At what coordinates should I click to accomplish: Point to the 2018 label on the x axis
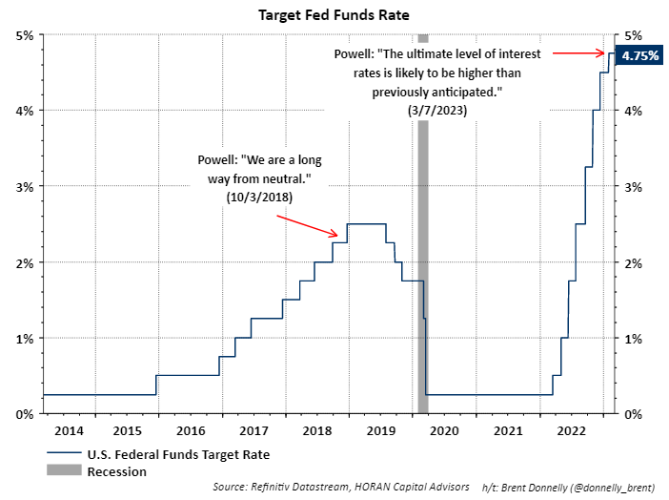(317, 430)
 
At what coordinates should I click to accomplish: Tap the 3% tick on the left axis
(25, 186)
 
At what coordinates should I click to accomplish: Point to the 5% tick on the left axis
(25, 35)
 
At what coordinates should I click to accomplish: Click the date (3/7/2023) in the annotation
(417, 112)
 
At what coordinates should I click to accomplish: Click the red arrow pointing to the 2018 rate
(307, 223)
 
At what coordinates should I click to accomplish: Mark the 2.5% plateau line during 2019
(366, 224)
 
